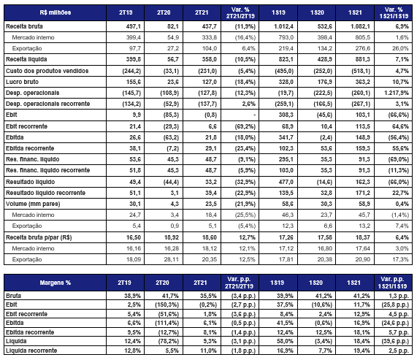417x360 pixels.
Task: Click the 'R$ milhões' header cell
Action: pyautogui.click(x=56, y=12)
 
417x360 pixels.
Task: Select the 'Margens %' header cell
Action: pyautogui.click(x=56, y=283)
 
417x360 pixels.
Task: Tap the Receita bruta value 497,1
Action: pyautogui.click(x=134, y=26)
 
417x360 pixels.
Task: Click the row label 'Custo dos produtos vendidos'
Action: pyautogui.click(x=47, y=71)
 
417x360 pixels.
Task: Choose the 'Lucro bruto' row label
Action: pyautogui.click(x=22, y=82)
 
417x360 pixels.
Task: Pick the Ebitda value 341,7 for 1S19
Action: pyautogui.click(x=286, y=137)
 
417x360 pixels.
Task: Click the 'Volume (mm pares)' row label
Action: pyautogui.click(x=33, y=204)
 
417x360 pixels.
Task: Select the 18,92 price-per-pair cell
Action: pyautogui.click(x=172, y=237)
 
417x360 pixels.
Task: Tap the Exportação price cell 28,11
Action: pyautogui.click(x=172, y=259)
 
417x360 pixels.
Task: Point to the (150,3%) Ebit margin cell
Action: pyautogui.click(x=167, y=305)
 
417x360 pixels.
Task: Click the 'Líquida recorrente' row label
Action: pyautogui.click(x=31, y=351)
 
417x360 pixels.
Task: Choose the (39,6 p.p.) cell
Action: pyautogui.click(x=395, y=341)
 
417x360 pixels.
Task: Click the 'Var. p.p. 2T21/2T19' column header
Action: pyautogui.click(x=240, y=283)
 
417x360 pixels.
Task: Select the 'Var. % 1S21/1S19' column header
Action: pyautogui.click(x=394, y=12)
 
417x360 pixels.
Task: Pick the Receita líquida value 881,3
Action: pyautogui.click(x=362, y=59)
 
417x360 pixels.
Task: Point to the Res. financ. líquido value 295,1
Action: pyautogui.click(x=286, y=159)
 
